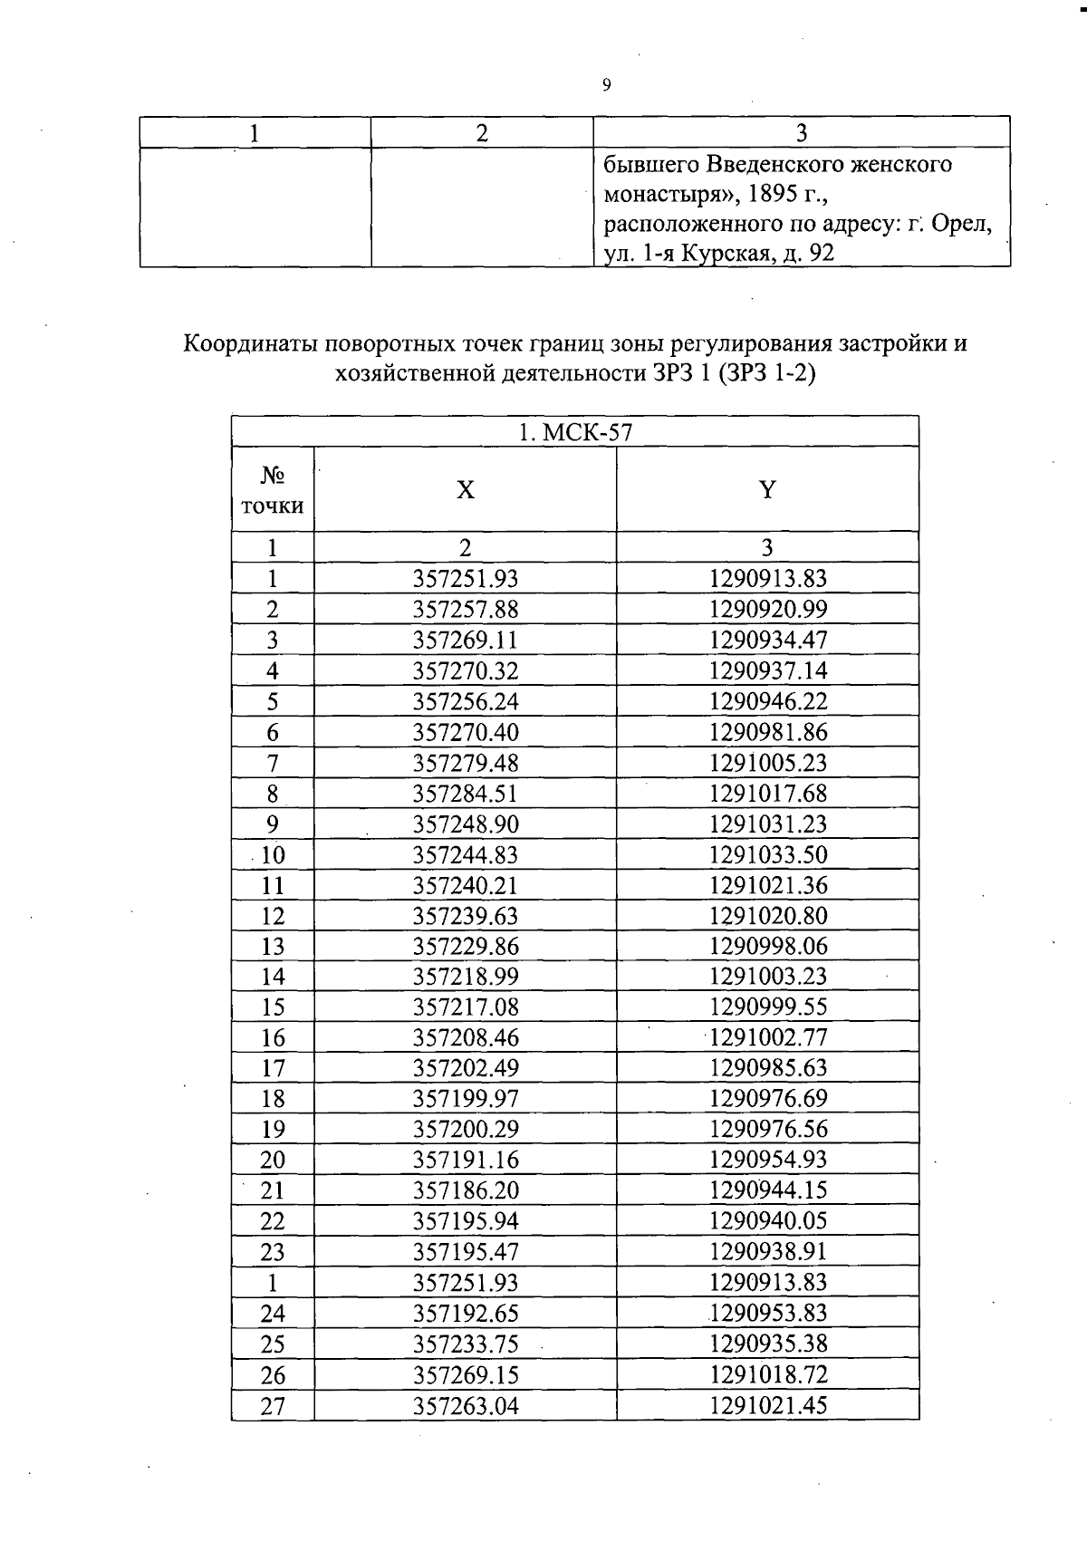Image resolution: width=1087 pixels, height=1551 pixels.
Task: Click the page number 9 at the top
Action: (606, 85)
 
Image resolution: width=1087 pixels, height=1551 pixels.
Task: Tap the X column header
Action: (465, 490)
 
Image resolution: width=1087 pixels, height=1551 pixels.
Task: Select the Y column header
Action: (767, 490)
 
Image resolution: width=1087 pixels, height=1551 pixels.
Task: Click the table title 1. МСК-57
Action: (574, 432)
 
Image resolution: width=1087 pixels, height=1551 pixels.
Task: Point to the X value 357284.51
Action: (465, 794)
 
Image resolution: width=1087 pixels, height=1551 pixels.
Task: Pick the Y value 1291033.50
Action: (768, 854)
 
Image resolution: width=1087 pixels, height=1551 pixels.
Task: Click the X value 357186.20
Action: (465, 1190)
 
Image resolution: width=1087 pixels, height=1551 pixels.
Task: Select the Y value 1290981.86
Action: (768, 732)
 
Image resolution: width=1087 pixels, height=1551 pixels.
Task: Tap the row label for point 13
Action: (273, 947)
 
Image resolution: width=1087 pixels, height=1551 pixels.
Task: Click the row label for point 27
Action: (273, 1406)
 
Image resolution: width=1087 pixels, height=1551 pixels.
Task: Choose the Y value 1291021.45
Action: (768, 1405)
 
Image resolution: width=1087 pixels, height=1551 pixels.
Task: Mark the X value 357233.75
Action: (465, 1344)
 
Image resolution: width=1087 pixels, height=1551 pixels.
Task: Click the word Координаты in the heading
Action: (253, 344)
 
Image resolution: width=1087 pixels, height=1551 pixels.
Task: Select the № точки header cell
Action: (273, 490)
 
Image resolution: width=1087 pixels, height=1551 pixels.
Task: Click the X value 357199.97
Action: (465, 1099)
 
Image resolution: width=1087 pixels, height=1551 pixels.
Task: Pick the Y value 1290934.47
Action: (768, 641)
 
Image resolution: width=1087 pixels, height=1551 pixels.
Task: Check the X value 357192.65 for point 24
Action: (465, 1313)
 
